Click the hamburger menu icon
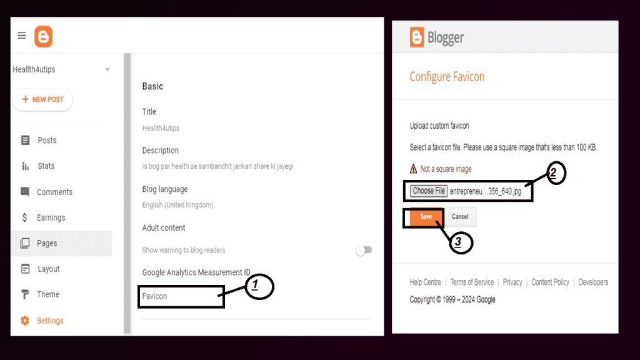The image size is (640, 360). [22, 36]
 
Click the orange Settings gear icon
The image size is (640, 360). [25, 321]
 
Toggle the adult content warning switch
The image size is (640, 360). [364, 250]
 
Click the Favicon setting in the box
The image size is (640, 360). [155, 296]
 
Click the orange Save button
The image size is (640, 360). [426, 217]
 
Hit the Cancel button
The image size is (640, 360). [460, 217]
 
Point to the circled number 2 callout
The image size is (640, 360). [556, 173]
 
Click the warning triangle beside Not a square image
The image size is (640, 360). [414, 169]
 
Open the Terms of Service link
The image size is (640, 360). [472, 282]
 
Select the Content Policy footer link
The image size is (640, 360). [550, 282]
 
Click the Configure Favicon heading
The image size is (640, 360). [447, 76]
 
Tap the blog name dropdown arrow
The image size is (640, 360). [107, 69]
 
